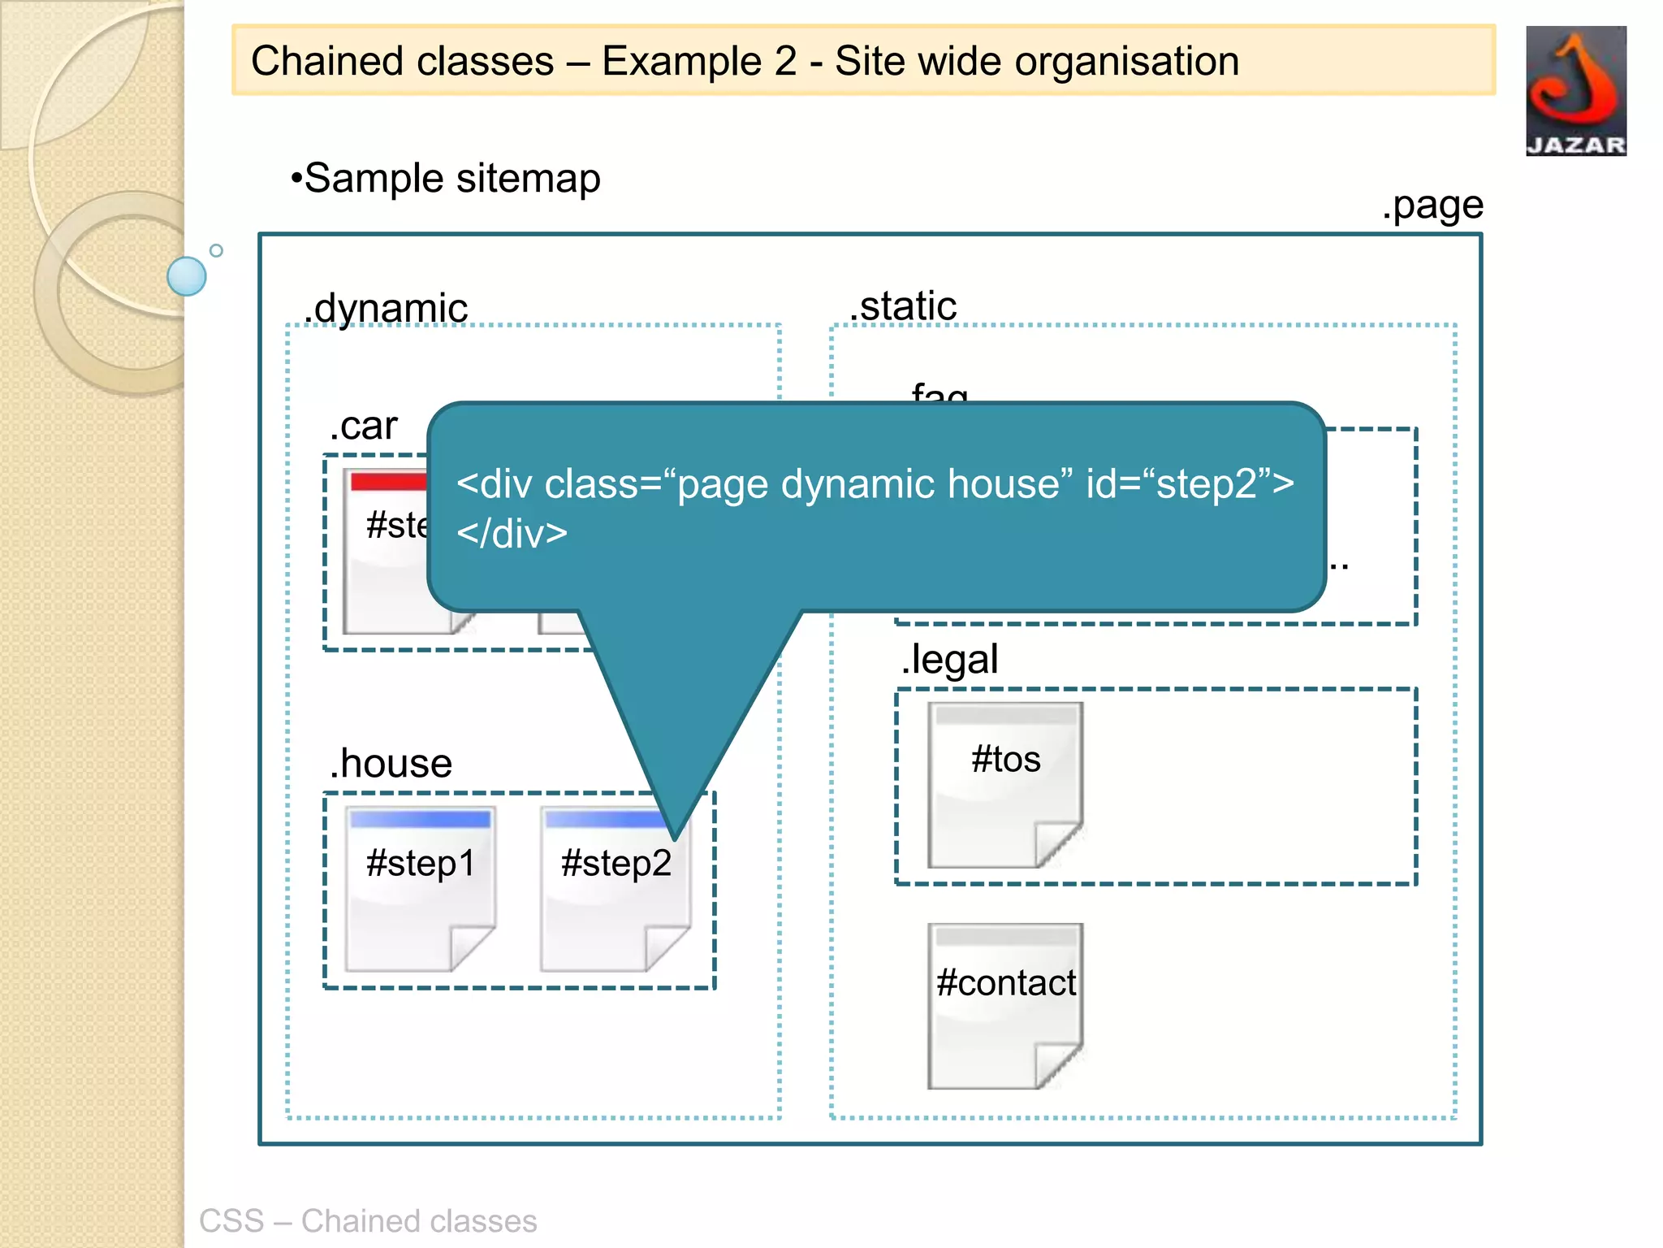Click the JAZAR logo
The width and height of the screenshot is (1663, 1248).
(1575, 90)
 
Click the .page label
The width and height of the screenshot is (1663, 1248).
(1432, 206)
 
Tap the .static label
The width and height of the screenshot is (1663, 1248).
(903, 306)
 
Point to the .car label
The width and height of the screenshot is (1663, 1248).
(363, 426)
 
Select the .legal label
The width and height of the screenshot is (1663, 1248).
(949, 659)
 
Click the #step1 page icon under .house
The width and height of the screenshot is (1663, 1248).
(420, 888)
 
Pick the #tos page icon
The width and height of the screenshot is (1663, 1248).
(1005, 785)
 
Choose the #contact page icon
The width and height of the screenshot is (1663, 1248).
(1005, 1006)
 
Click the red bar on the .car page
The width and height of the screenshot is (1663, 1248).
(388, 482)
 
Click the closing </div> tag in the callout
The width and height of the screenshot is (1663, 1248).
(512, 534)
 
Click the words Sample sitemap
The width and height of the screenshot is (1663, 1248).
(452, 178)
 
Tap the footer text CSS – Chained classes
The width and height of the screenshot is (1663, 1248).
(368, 1220)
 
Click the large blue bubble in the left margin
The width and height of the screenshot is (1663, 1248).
(187, 276)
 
